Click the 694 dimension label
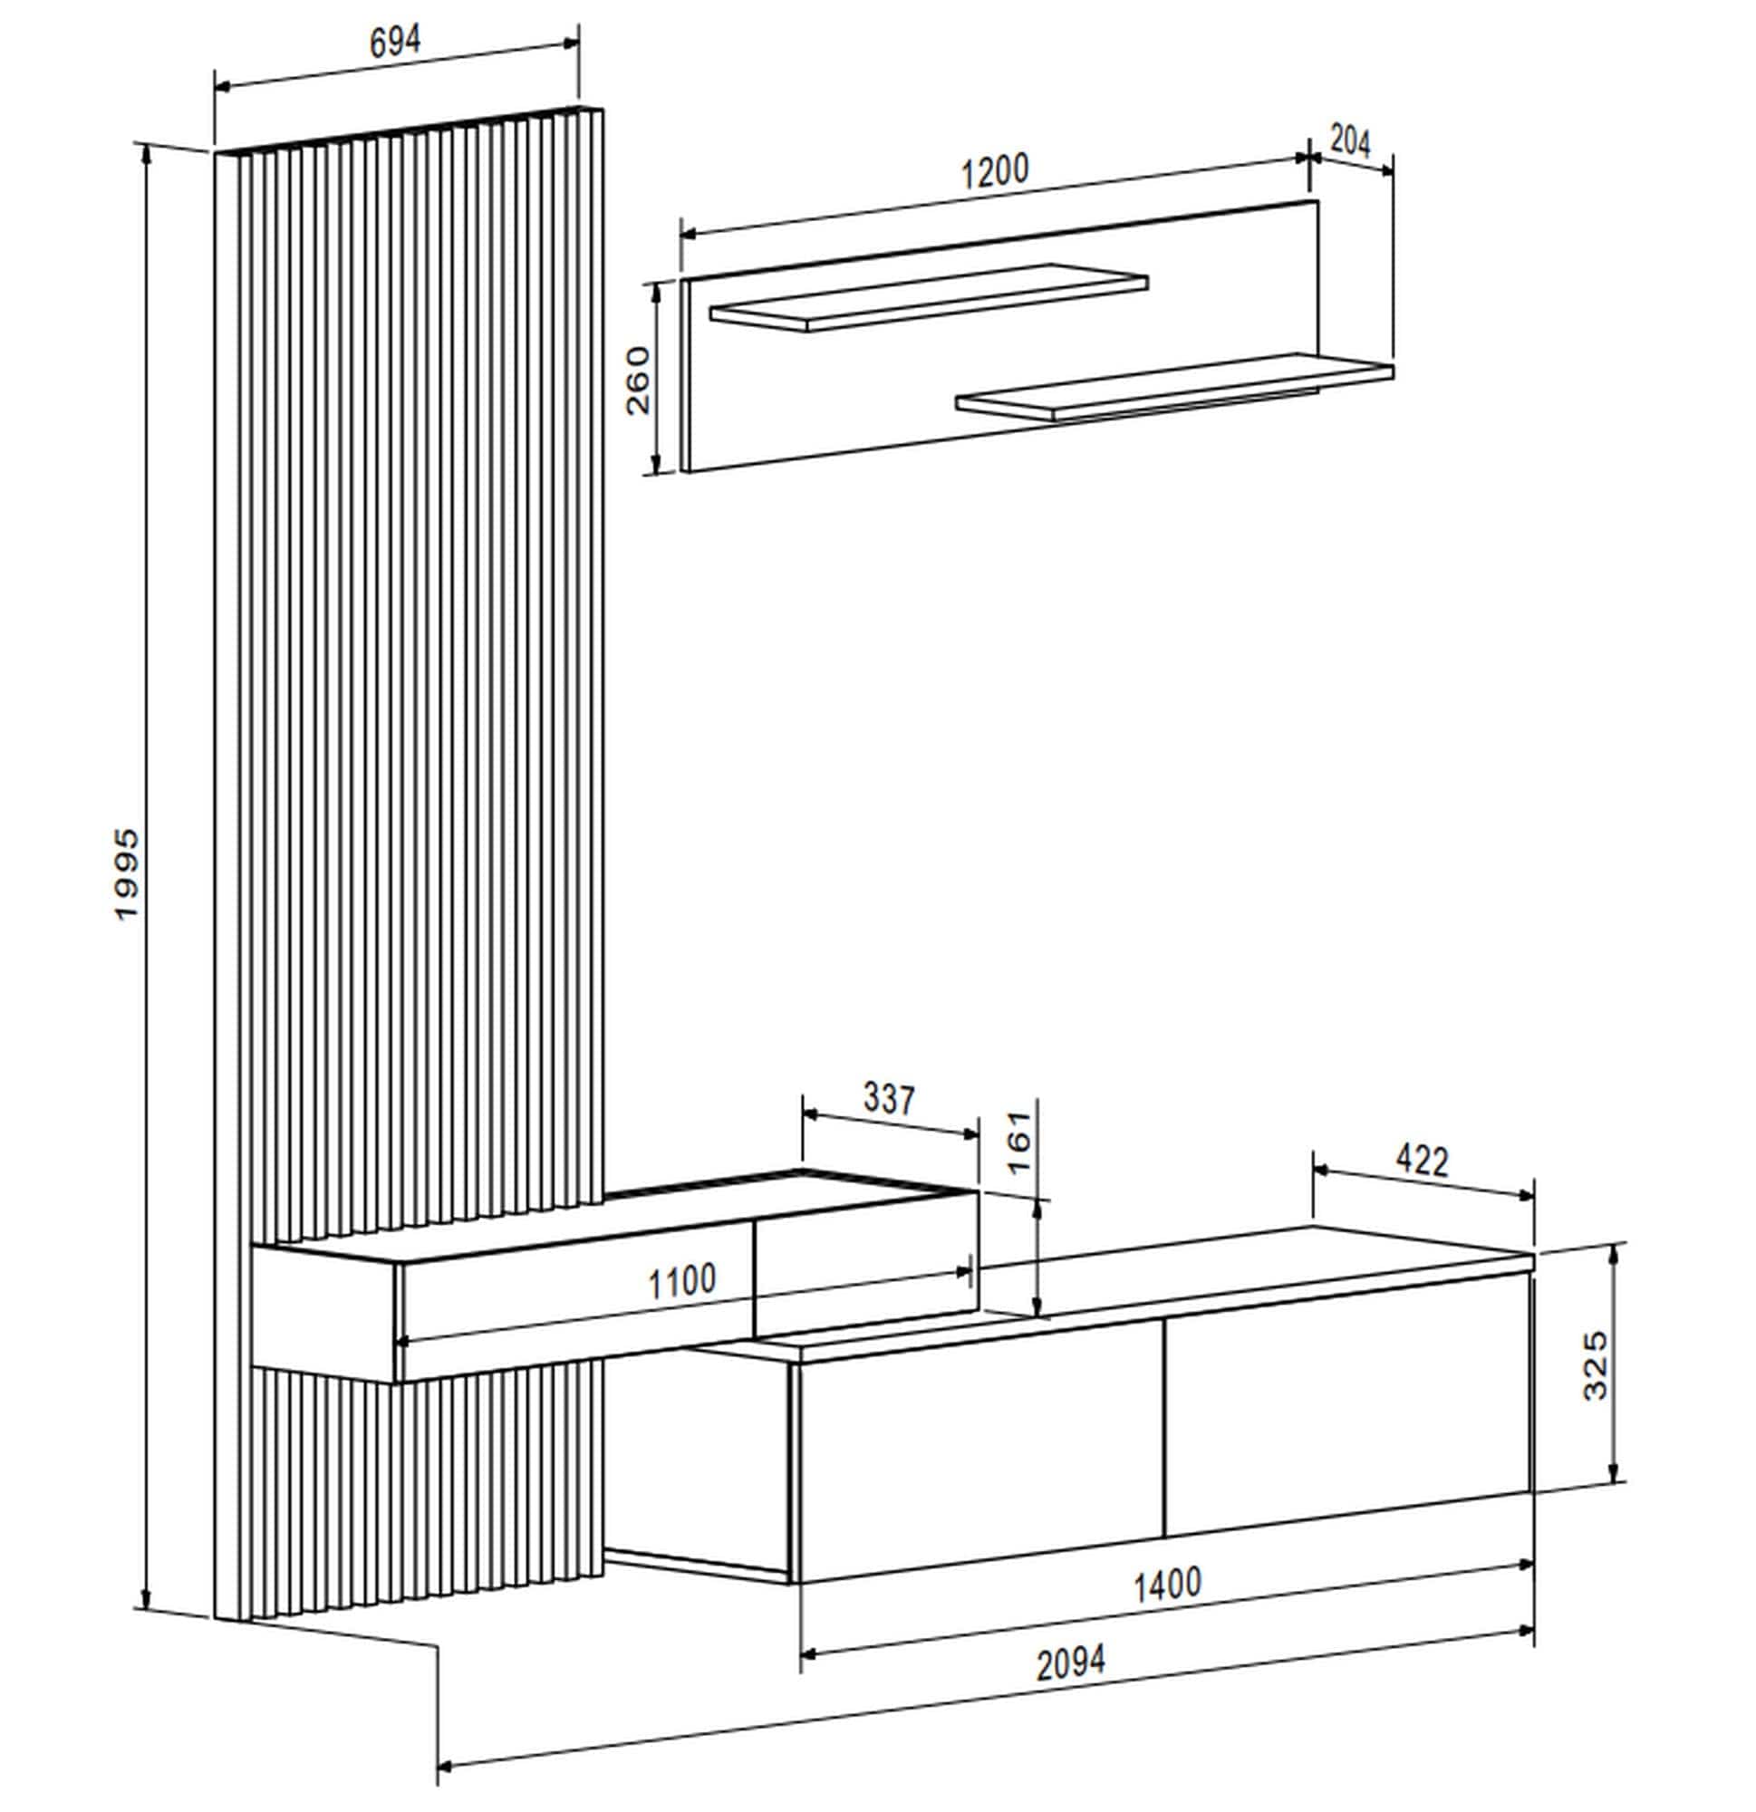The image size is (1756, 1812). click(395, 42)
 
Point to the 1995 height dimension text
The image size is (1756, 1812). click(127, 873)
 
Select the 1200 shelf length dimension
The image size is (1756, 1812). click(994, 172)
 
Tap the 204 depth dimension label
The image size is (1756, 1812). click(1349, 141)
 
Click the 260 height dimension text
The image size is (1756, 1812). click(638, 380)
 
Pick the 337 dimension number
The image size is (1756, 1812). click(889, 1098)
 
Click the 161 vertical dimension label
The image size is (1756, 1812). click(1018, 1142)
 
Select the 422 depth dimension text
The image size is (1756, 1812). click(1422, 1161)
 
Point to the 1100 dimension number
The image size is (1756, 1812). click(681, 1283)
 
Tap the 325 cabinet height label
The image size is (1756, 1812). click(1596, 1366)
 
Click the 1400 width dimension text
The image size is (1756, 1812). click(1167, 1585)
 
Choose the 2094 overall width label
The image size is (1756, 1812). click(1070, 1664)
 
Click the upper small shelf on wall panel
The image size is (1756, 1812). click(930, 298)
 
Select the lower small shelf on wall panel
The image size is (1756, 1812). click(1174, 387)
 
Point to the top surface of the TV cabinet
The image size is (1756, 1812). click(1156, 1285)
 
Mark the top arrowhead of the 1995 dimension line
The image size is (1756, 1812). click(146, 153)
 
